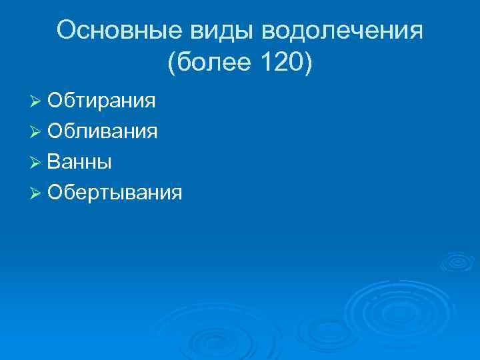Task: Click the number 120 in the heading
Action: (x=278, y=64)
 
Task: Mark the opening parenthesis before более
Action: (x=173, y=64)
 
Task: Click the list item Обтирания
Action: (x=102, y=101)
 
